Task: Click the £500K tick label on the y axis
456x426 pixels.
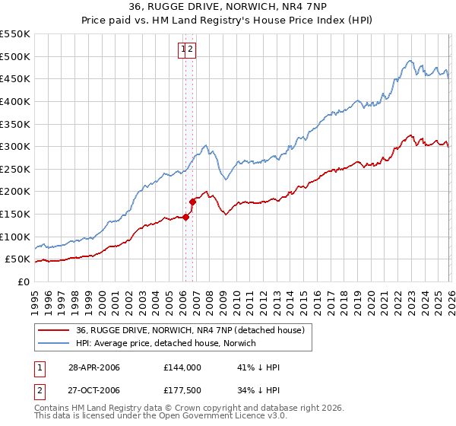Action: pyautogui.click(x=15, y=56)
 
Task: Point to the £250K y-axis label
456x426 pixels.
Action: pyautogui.click(x=15, y=192)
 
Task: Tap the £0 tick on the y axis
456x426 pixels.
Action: pyautogui.click(x=24, y=281)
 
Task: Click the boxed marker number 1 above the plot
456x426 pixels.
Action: pyautogui.click(x=183, y=50)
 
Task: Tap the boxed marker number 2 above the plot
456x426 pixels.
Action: pyautogui.click(x=192, y=50)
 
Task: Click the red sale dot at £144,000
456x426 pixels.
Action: pyautogui.click(x=185, y=217)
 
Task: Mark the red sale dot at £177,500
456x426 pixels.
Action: pyautogui.click(x=192, y=202)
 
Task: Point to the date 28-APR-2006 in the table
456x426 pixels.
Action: pyautogui.click(x=93, y=367)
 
